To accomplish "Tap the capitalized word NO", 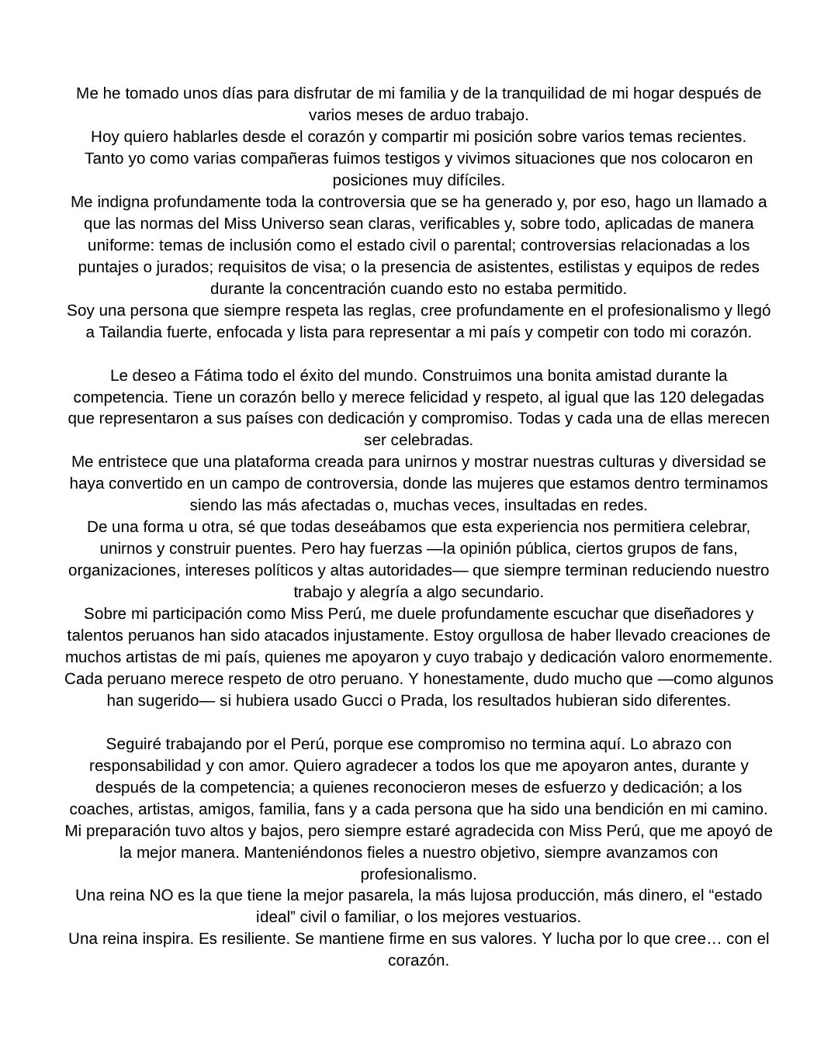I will (x=161, y=895).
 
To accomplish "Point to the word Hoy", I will (x=105, y=136).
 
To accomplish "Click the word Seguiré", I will (x=135, y=744).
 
